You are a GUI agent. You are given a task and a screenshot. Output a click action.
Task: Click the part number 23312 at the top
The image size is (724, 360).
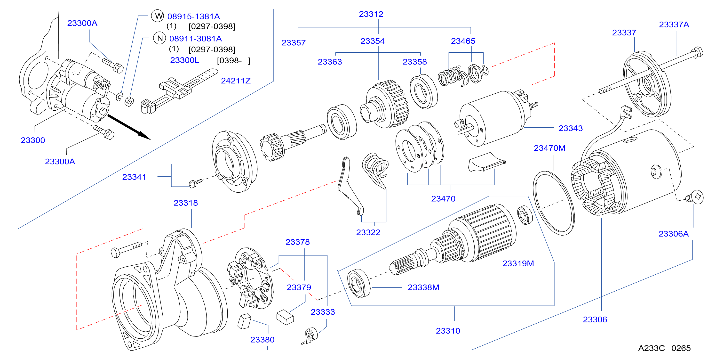(371, 14)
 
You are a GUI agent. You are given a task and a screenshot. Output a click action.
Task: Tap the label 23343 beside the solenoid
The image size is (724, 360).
(571, 128)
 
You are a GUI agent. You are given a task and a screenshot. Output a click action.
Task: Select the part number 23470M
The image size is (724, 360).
(549, 148)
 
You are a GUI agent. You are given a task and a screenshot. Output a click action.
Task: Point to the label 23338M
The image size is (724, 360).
(423, 287)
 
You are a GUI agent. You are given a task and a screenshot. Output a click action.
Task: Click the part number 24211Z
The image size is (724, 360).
(236, 81)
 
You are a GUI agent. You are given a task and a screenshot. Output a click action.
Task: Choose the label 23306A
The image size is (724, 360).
(674, 234)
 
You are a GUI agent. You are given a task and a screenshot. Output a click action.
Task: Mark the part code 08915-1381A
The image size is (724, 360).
(194, 16)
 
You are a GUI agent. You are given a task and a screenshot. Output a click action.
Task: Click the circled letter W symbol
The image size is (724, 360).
(158, 16)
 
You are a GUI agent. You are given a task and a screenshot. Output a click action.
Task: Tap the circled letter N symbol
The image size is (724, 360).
(160, 38)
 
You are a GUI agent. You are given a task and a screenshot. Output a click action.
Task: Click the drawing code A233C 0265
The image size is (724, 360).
(664, 348)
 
